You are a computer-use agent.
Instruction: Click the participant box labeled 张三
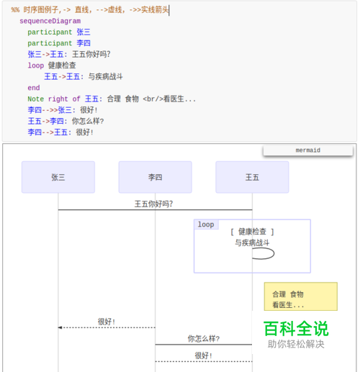[x=58, y=177]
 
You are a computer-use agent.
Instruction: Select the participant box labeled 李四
[x=155, y=177]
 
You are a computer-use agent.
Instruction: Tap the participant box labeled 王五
[x=252, y=177]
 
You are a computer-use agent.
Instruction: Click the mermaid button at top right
[x=308, y=150]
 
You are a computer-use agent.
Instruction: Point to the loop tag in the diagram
[x=206, y=224]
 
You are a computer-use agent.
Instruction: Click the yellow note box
[x=301, y=296]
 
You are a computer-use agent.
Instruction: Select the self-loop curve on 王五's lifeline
[x=274, y=253]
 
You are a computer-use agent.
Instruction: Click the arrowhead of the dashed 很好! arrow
[x=60, y=327]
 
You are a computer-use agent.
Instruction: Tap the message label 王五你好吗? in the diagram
[x=153, y=204]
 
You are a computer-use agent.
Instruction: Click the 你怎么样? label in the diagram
[x=204, y=338]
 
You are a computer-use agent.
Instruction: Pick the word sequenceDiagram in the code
[x=50, y=21]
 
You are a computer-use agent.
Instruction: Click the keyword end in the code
[x=34, y=88]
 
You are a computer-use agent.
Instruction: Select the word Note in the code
[x=36, y=99]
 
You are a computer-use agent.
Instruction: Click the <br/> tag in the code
[x=153, y=99]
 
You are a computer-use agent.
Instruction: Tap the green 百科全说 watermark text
[x=296, y=329]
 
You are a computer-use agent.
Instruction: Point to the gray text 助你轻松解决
[x=296, y=344]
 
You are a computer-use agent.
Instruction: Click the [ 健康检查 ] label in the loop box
[x=252, y=232]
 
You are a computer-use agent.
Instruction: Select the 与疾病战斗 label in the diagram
[x=252, y=242]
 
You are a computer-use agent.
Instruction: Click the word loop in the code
[x=36, y=65]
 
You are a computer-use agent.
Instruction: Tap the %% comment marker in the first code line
[x=15, y=10]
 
